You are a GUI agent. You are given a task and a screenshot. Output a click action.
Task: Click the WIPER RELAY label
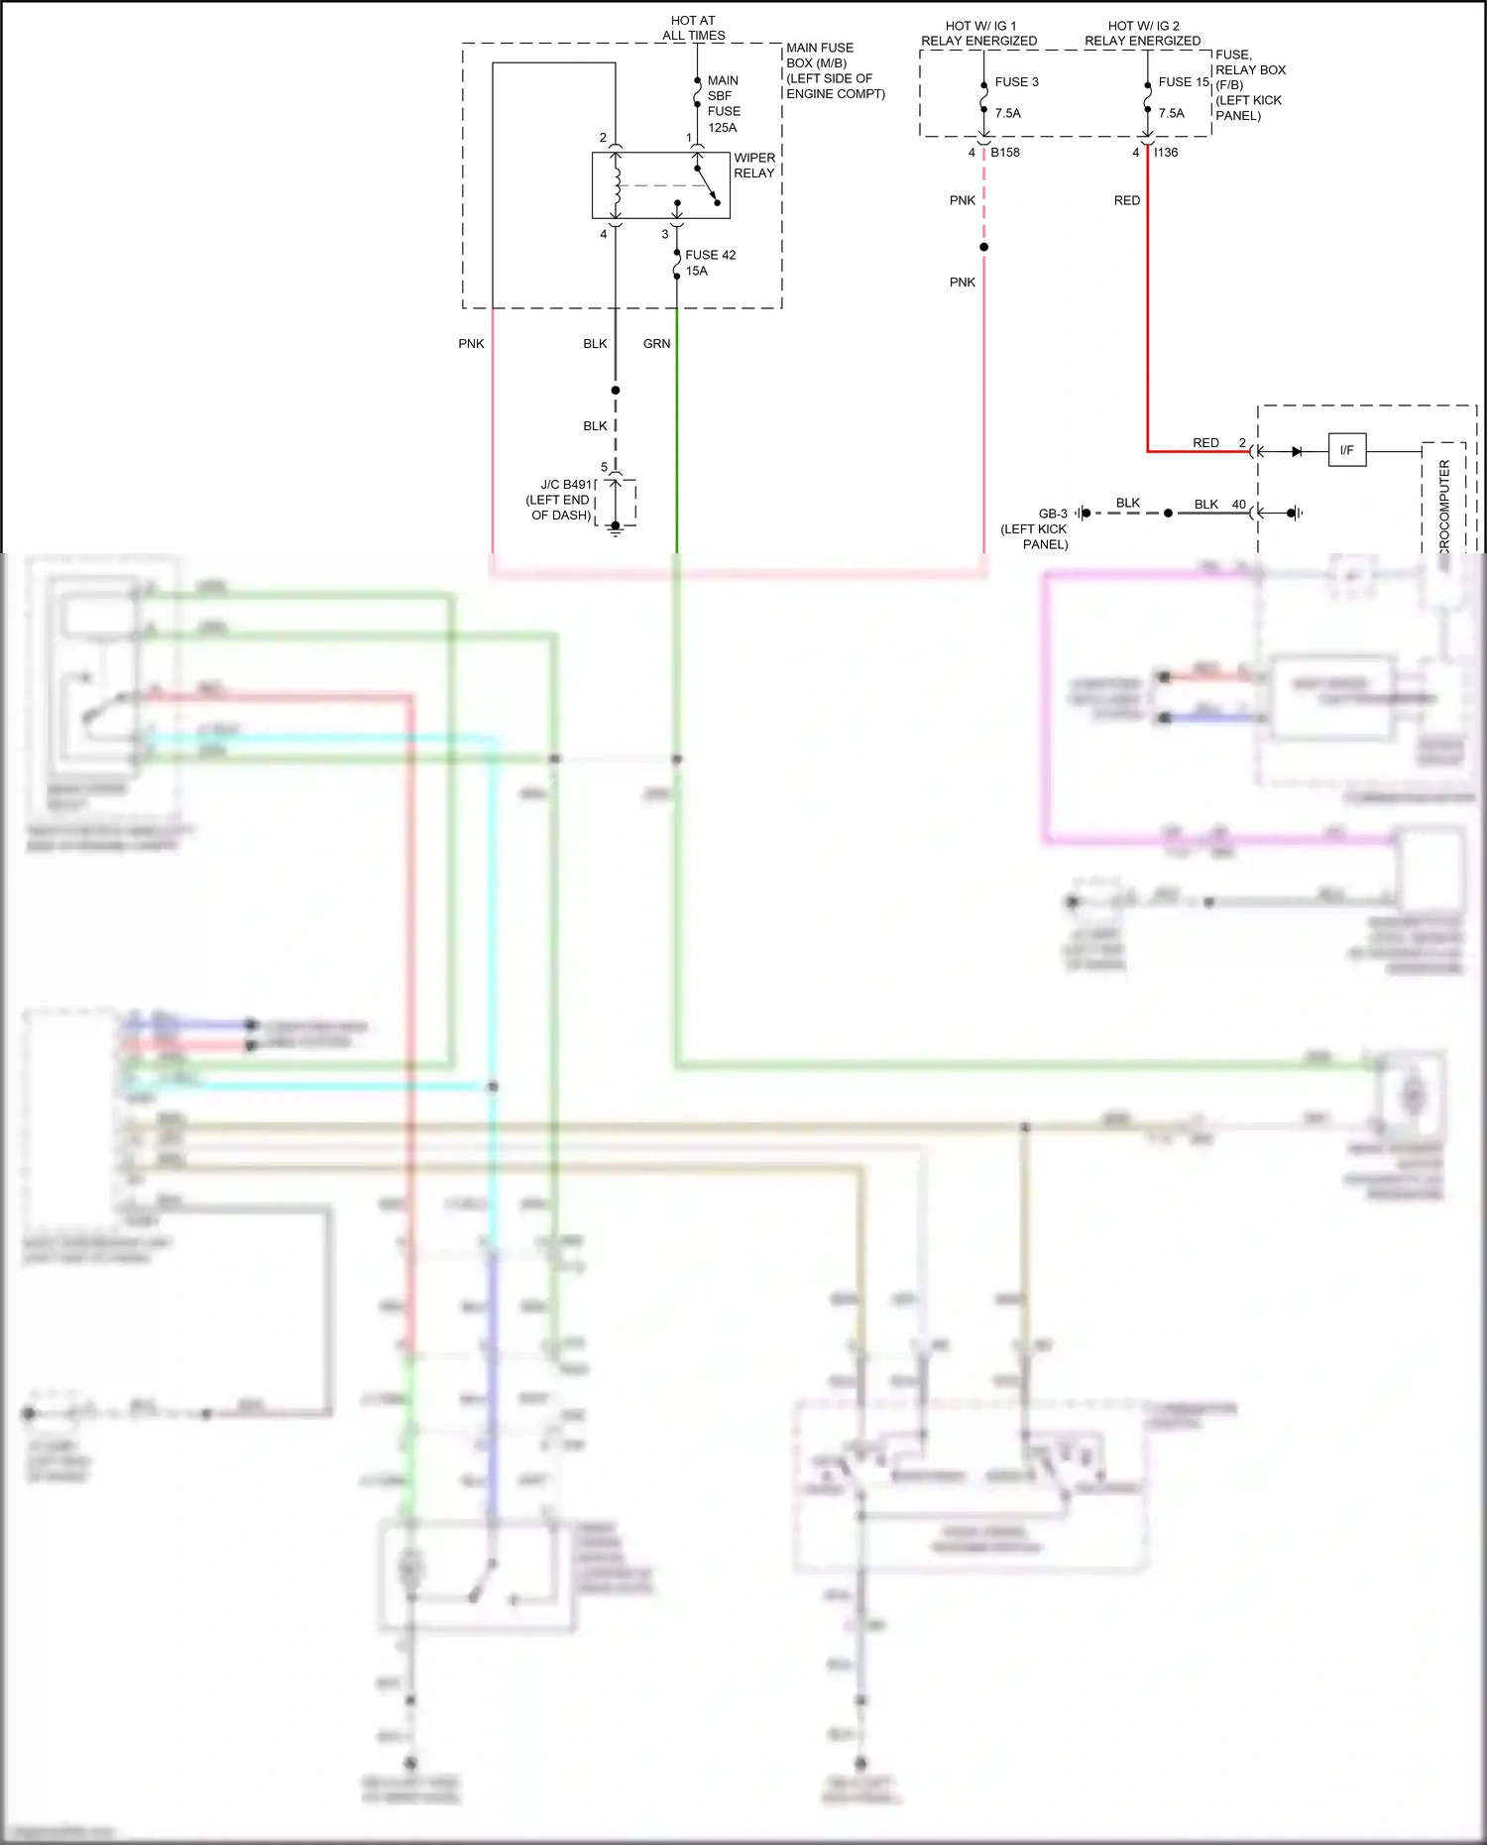[x=753, y=166]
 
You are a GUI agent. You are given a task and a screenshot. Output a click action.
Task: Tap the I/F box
[x=1346, y=451]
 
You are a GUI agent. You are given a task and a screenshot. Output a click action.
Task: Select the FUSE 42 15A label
[x=710, y=263]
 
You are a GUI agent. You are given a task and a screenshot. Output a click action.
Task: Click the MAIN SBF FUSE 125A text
[x=723, y=104]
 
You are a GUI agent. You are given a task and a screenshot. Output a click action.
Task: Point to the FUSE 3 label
[x=1016, y=82]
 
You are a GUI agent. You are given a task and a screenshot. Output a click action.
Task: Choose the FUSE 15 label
[x=1184, y=82]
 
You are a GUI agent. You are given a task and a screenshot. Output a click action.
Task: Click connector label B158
[x=1004, y=153]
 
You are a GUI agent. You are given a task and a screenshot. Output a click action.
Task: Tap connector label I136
[x=1166, y=153]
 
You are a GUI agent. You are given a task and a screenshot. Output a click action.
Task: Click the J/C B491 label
[x=566, y=485]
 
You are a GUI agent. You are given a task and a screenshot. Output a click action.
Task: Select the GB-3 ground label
[x=1052, y=514]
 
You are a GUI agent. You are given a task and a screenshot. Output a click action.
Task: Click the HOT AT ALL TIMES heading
[x=693, y=28]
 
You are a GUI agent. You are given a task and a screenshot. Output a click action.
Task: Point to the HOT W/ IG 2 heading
[x=1143, y=27]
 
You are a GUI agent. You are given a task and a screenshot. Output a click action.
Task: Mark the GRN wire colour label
[x=656, y=344]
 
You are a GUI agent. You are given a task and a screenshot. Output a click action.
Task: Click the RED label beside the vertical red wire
[x=1126, y=200]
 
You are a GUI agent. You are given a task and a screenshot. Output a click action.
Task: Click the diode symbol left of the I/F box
[x=1296, y=451]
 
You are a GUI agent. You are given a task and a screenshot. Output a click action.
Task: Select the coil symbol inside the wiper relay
[x=617, y=184]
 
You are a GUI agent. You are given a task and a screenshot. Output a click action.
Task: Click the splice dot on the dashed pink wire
[x=983, y=247]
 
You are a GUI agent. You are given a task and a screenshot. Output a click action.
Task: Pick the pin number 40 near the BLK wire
[x=1238, y=505]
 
